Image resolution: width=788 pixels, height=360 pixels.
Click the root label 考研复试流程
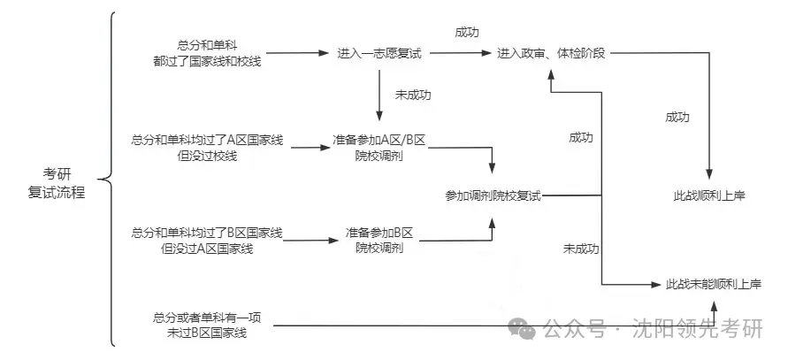(x=57, y=182)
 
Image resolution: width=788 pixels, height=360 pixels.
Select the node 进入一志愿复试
(x=379, y=54)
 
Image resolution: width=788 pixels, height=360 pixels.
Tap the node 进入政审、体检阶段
(x=551, y=54)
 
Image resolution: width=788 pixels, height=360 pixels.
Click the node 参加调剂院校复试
(x=493, y=195)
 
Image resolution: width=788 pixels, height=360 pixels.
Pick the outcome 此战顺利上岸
(x=709, y=195)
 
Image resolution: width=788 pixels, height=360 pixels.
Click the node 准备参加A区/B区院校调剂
(x=379, y=148)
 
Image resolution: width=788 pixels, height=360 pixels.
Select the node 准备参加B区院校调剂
(x=379, y=241)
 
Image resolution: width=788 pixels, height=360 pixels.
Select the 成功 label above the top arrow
(x=467, y=32)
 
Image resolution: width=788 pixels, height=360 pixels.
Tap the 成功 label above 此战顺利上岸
(x=677, y=116)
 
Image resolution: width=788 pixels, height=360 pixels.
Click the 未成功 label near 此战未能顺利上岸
(x=581, y=249)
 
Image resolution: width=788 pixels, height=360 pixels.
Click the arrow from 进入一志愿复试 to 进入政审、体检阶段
(x=460, y=54)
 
